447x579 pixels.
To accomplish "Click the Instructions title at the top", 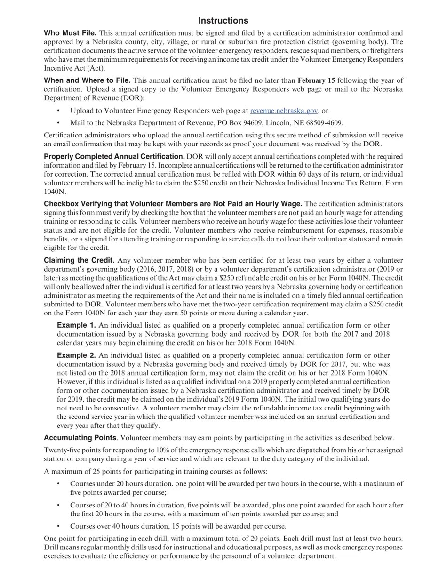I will pyautogui.click(x=223, y=21).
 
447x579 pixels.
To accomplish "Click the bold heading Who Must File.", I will pyautogui.click(x=70, y=33).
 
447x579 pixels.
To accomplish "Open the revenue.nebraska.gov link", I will pyautogui.click(x=284, y=111).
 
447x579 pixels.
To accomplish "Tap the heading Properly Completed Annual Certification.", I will pyautogui.click(x=114, y=156).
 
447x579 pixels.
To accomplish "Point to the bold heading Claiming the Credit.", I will pyautogui.click(x=79, y=260).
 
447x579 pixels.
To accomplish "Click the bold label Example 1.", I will pyautogui.click(x=76, y=325).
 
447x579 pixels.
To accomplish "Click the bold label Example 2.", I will pyautogui.click(x=76, y=355).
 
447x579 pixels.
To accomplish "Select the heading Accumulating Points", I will pyautogui.click(x=80, y=438).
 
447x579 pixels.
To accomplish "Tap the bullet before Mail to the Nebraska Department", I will pyautogui.click(x=58, y=123).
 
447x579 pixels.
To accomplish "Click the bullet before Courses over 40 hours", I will pyautogui.click(x=58, y=526).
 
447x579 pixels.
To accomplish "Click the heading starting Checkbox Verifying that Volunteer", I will pyautogui.click(x=173, y=204).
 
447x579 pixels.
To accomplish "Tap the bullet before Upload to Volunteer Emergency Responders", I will pyautogui.click(x=58, y=111).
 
